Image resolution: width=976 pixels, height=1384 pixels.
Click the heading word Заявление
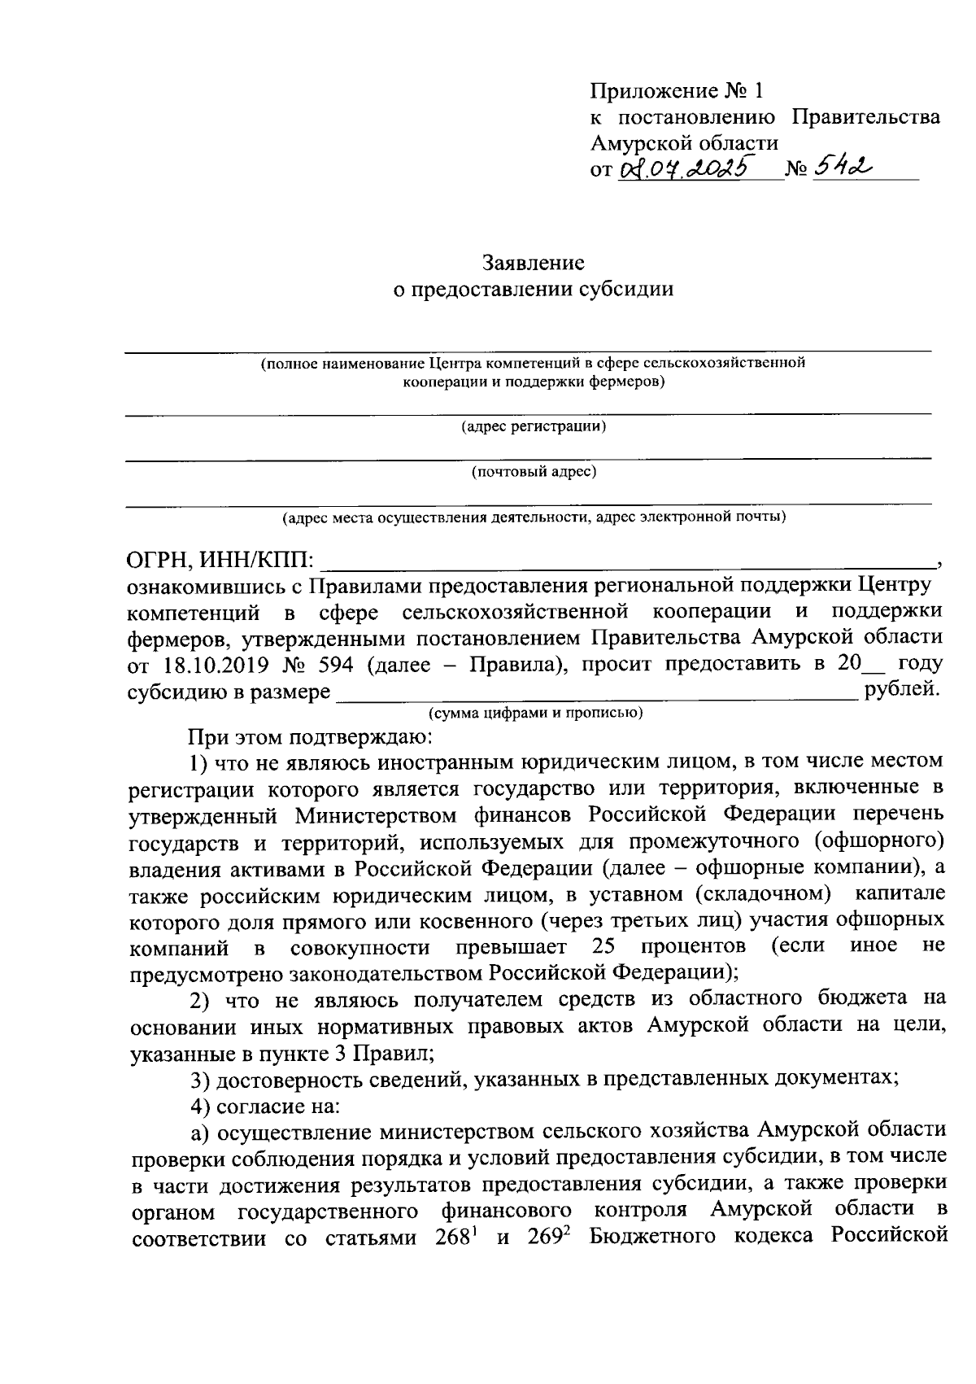(x=534, y=263)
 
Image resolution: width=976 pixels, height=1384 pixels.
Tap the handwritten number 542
(x=838, y=168)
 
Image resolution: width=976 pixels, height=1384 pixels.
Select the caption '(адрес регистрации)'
(x=534, y=426)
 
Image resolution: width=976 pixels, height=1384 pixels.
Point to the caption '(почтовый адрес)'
(x=534, y=472)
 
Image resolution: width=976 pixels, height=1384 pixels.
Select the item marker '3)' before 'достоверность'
(x=200, y=1080)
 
